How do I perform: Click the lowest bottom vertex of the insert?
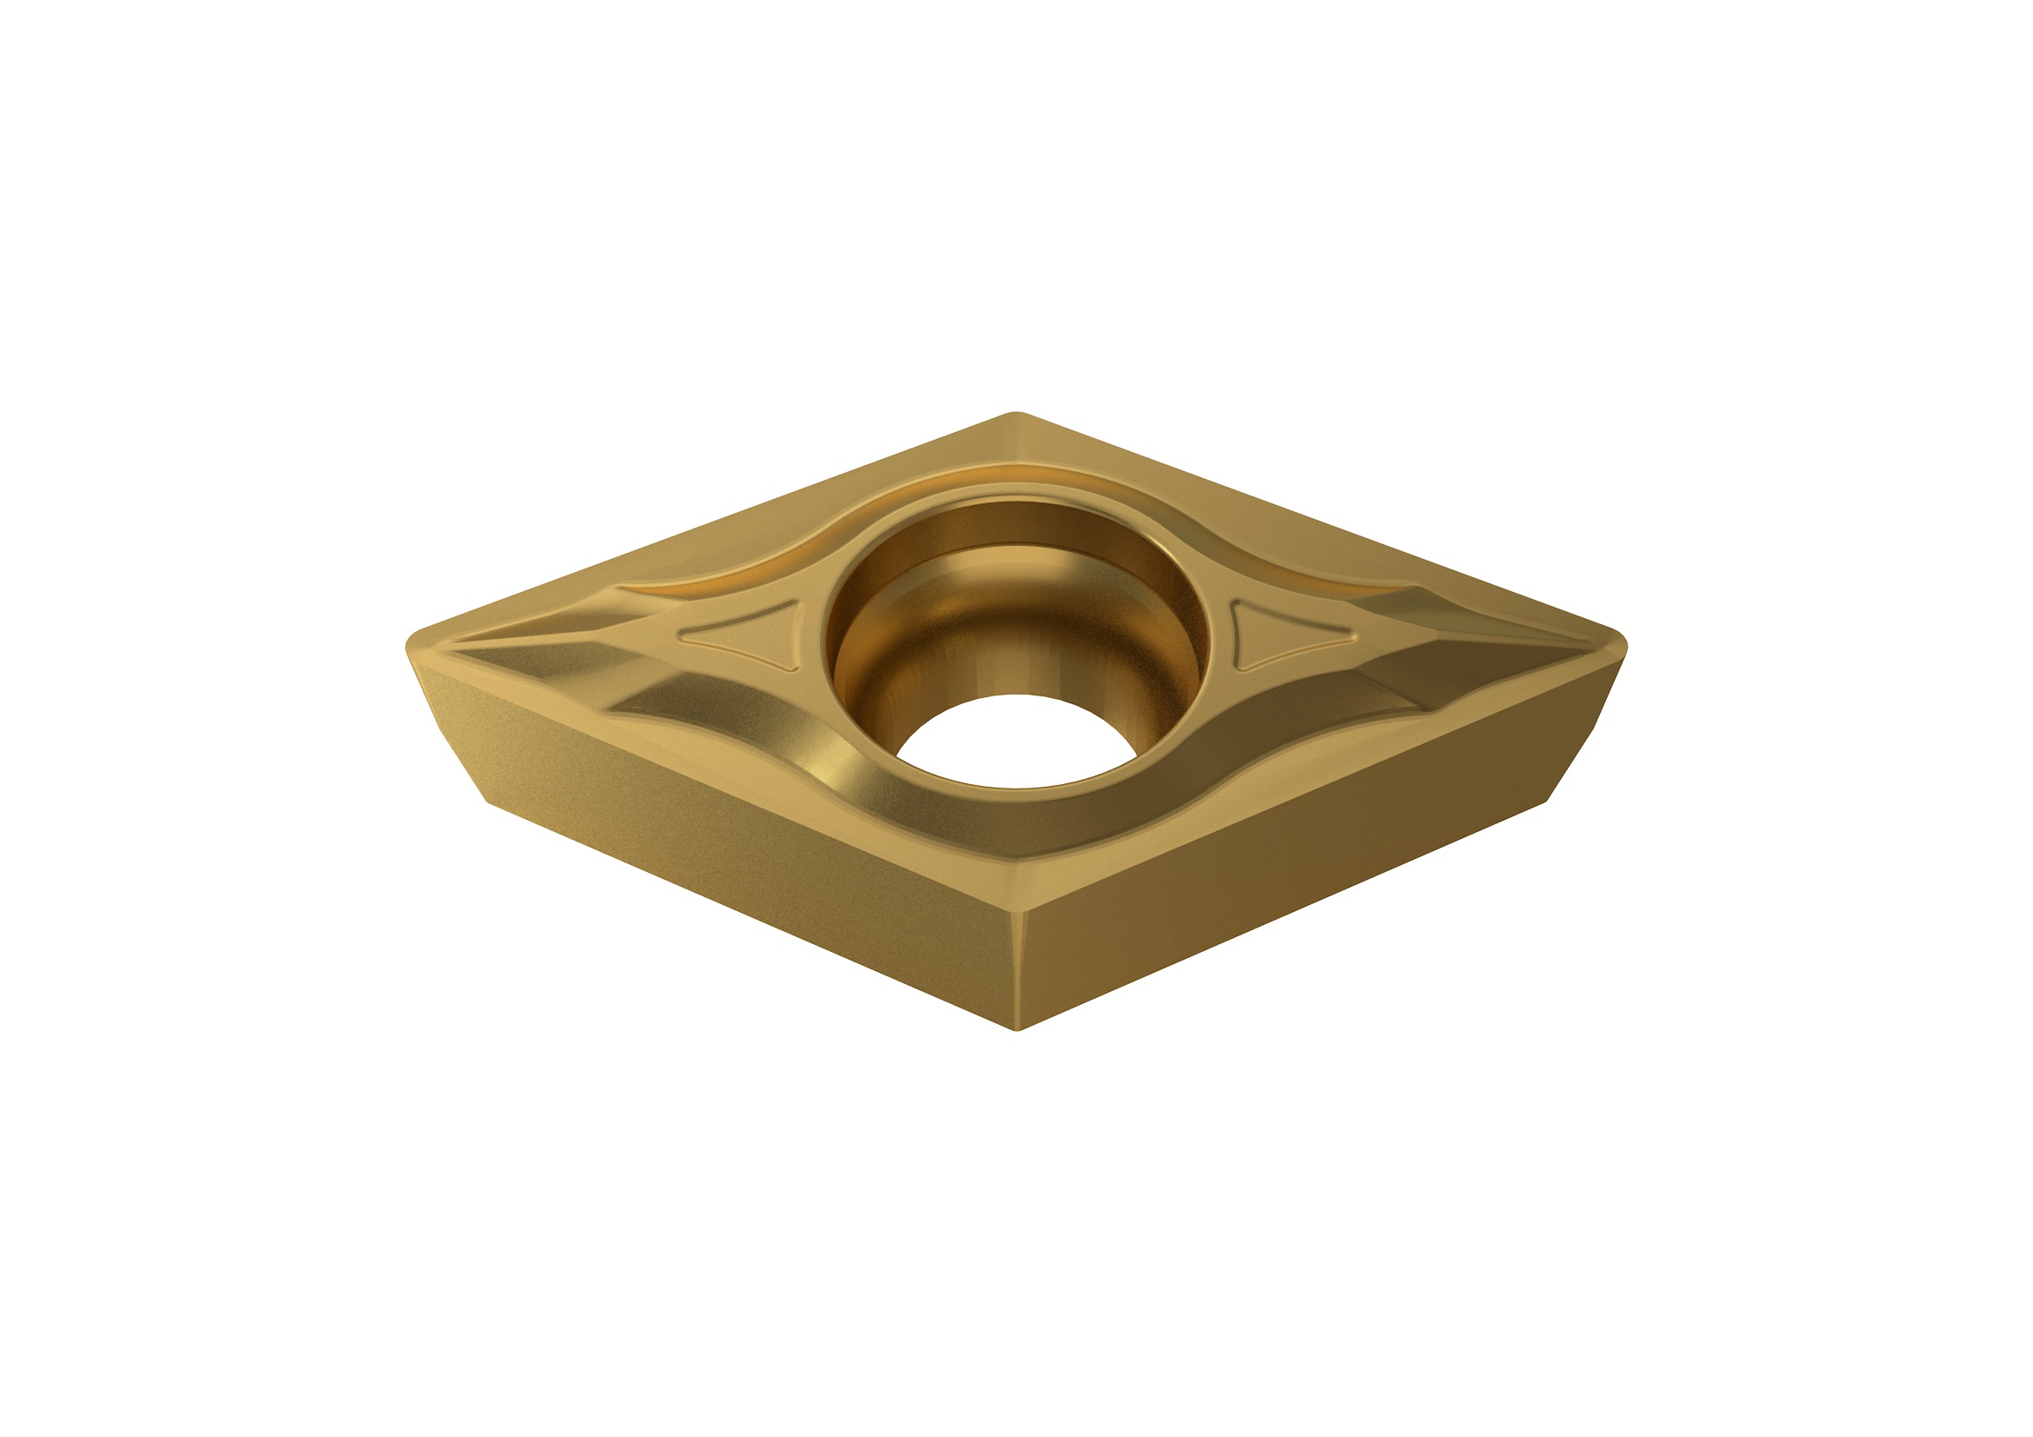pyautogui.click(x=1018, y=1028)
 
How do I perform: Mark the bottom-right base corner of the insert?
pyautogui.click(x=1546, y=802)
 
